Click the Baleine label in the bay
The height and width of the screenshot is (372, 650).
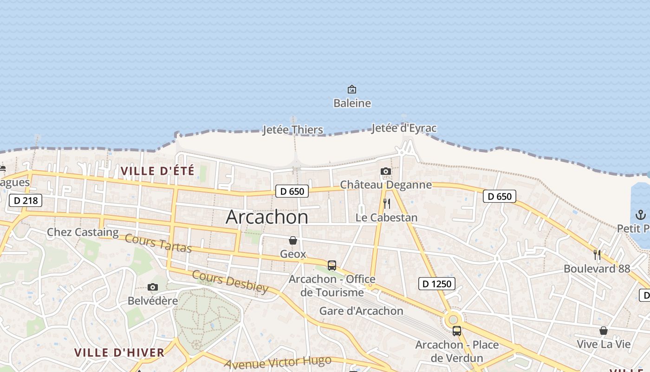point(352,103)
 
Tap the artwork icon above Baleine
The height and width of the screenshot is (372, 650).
point(352,89)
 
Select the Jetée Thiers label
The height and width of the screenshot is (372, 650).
point(292,129)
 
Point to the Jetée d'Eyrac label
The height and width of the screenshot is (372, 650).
point(404,128)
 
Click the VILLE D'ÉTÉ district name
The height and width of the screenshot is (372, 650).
point(157,171)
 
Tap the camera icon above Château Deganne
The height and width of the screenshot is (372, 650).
point(385,172)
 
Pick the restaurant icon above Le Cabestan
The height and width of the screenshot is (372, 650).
point(386,204)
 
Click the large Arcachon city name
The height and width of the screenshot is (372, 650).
point(267,217)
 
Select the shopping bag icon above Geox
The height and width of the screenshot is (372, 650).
point(293,240)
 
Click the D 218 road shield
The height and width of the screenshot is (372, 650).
point(26,200)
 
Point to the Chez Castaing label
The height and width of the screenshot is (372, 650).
point(83,232)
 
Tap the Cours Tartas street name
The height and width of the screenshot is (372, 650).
point(158,243)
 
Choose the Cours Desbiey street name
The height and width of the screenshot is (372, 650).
point(230,281)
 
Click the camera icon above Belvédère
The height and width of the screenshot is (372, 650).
point(152,287)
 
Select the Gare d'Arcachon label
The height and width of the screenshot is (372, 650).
point(361,311)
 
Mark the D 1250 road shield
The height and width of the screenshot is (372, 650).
point(436,283)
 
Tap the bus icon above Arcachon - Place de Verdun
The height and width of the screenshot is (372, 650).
point(457,331)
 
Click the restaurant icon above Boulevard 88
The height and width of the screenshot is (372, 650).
point(597,255)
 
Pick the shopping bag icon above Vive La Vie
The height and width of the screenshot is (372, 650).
point(604,331)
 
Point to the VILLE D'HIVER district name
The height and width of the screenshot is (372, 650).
point(119,352)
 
